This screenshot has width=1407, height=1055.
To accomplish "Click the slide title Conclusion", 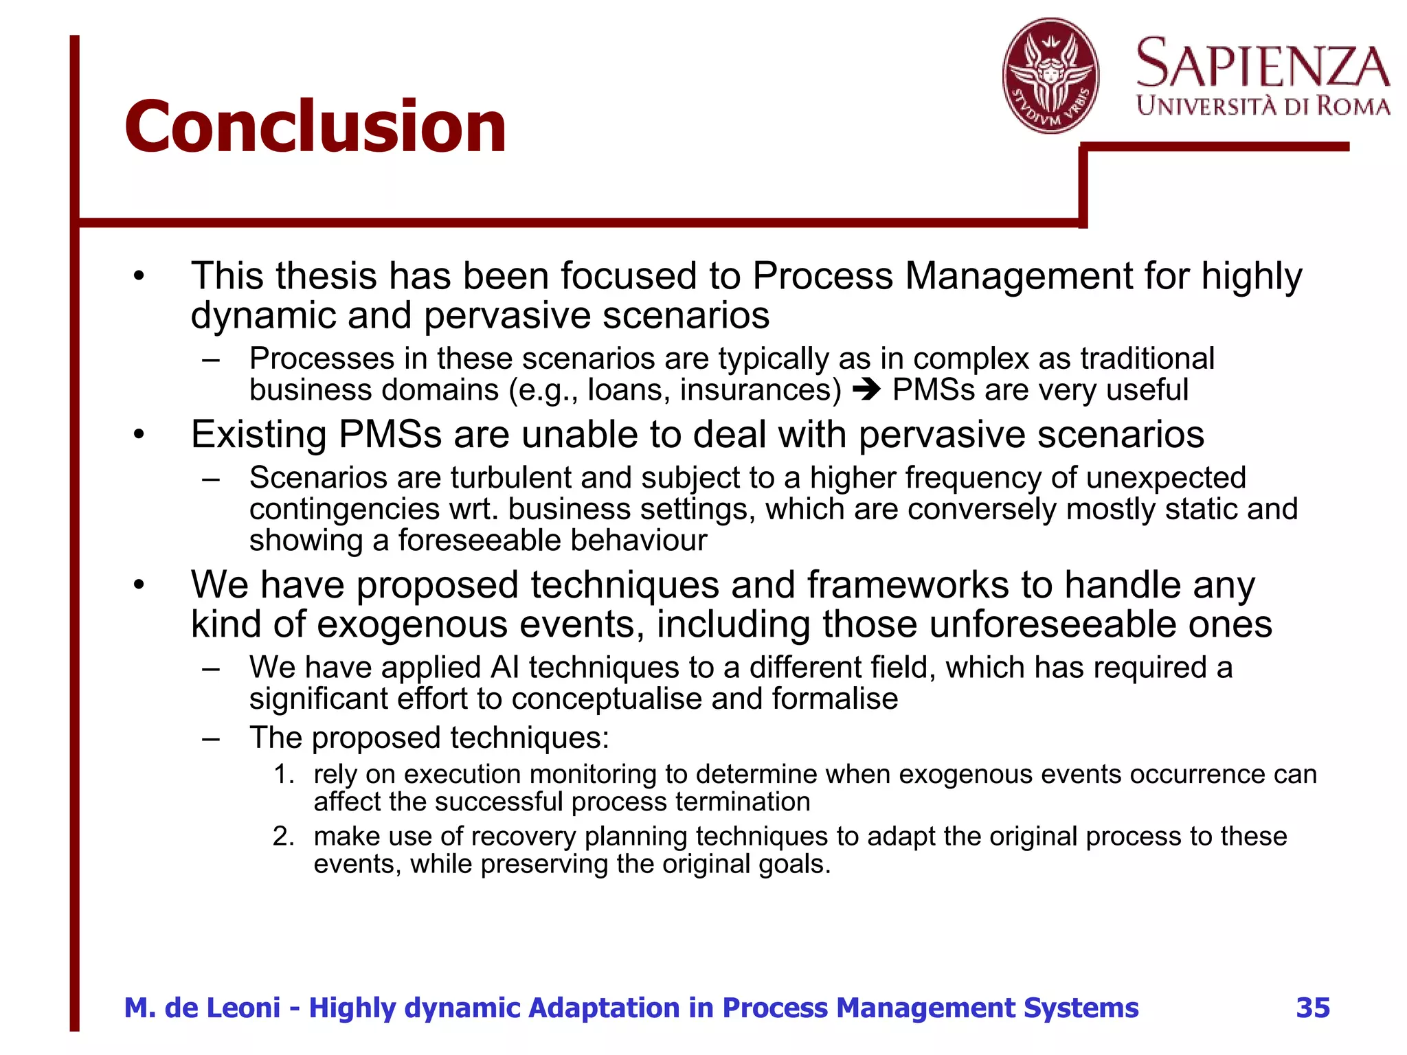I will point(315,127).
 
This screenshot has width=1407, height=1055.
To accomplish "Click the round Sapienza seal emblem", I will point(1050,76).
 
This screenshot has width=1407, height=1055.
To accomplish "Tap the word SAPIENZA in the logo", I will point(1263,64).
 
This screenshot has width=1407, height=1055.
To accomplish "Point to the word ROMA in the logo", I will point(1352,106).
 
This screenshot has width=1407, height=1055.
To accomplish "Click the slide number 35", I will point(1312,1008).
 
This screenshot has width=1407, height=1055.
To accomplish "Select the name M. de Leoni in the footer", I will point(202,1008).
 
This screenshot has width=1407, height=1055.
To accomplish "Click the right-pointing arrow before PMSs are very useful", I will point(866,390).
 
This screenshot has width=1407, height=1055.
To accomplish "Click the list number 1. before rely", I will point(284,774).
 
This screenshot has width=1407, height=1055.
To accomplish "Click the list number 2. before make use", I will point(284,837).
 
